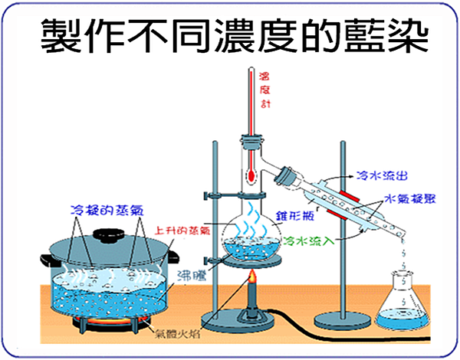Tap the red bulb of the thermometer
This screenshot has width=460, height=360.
tap(251, 177)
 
